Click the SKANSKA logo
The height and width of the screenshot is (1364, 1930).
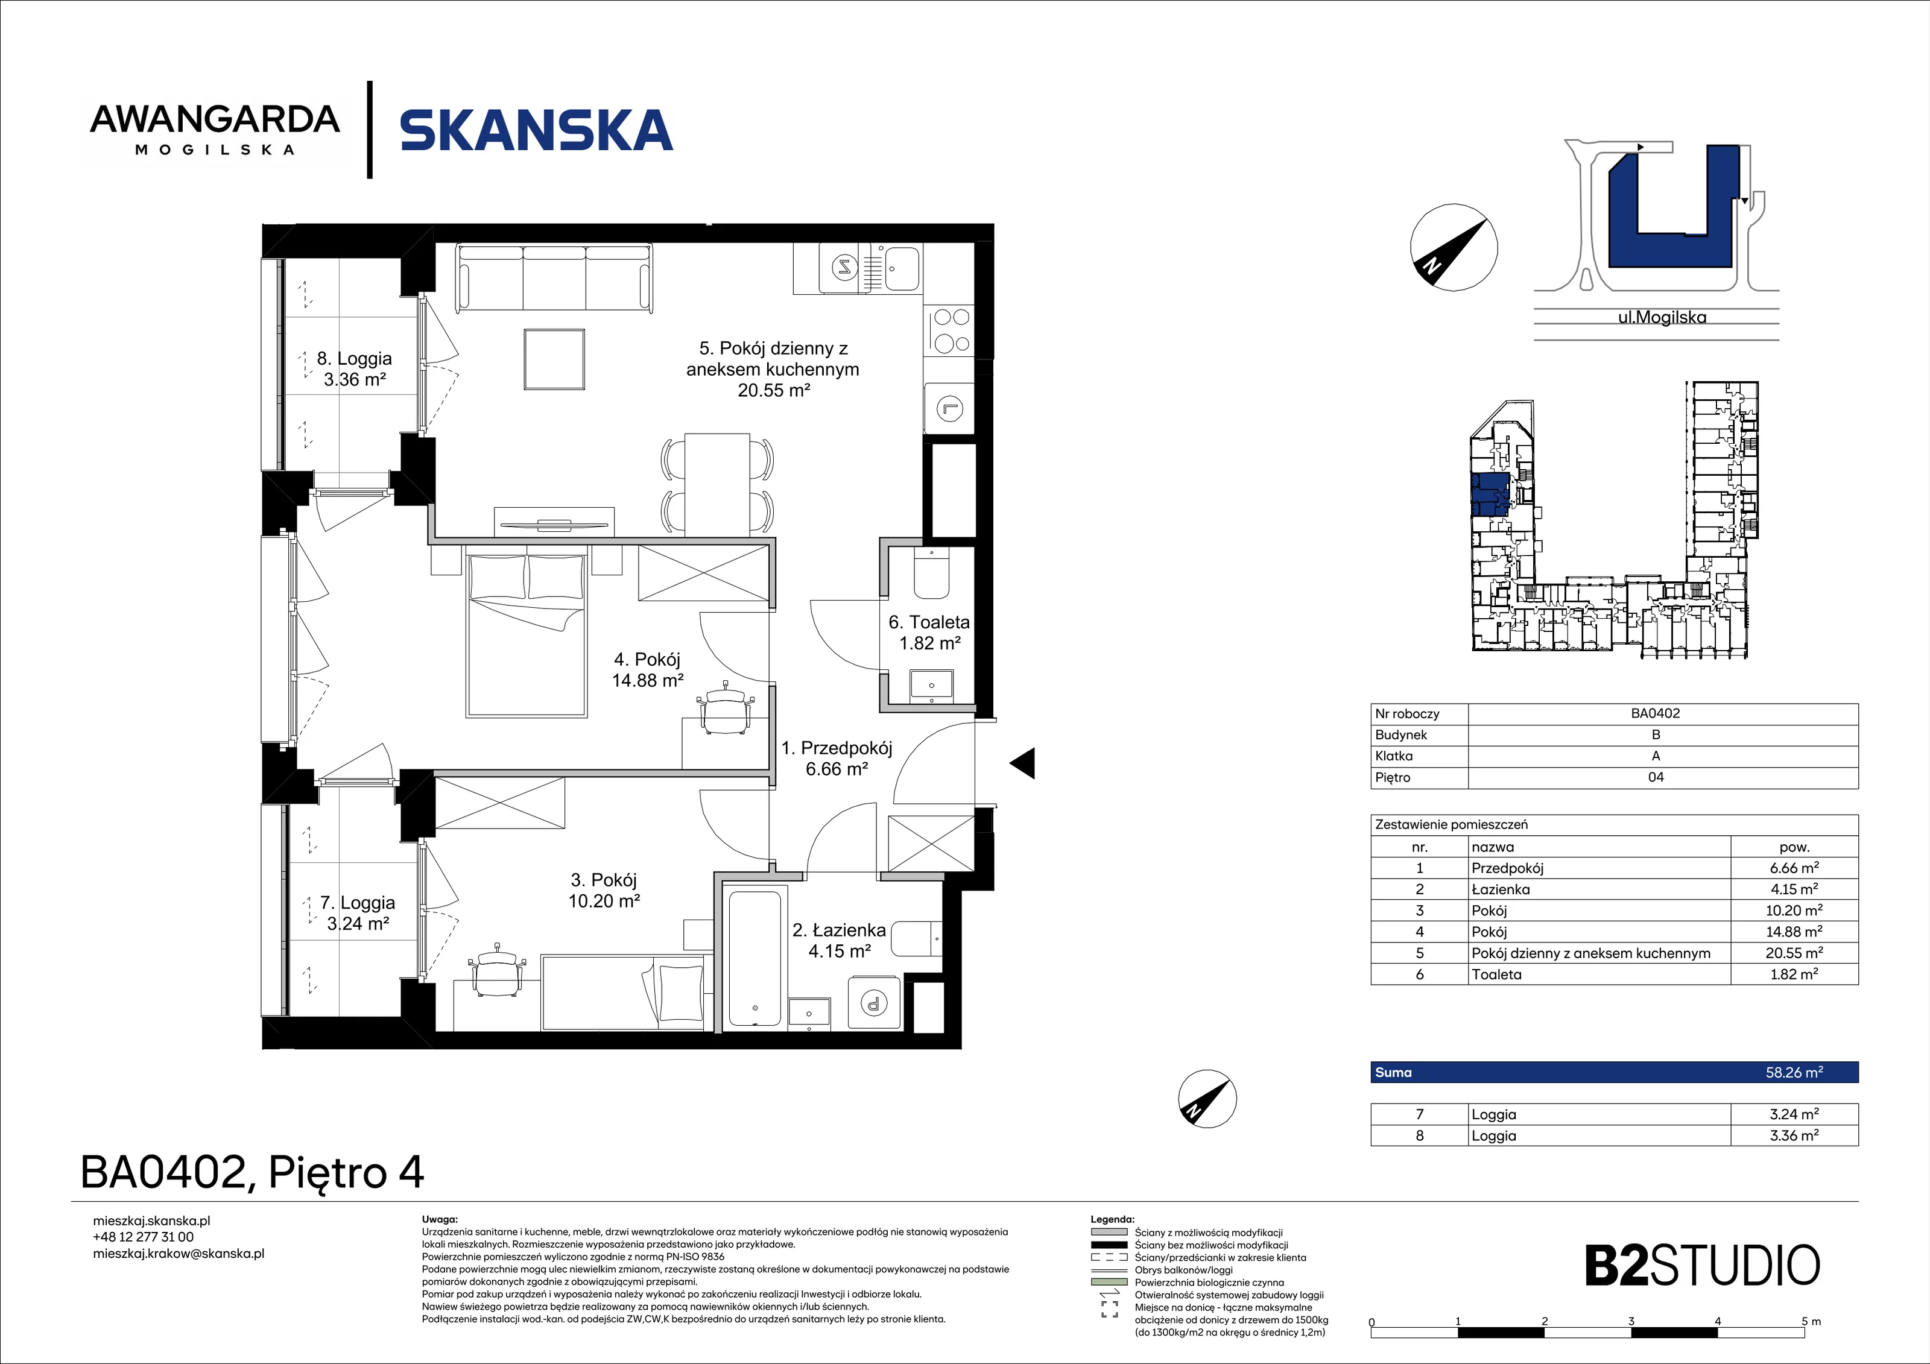tap(536, 130)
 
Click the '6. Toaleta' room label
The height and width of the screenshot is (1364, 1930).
tap(929, 633)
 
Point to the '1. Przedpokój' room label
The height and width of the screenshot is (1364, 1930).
tap(837, 758)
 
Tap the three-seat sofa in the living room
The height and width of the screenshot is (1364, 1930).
tap(554, 278)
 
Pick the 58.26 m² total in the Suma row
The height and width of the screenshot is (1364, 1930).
tap(1794, 1072)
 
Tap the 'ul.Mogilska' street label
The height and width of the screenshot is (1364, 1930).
tap(1662, 318)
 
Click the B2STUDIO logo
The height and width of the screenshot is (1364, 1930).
tap(1702, 1266)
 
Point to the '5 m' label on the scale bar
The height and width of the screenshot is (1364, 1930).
tap(1811, 1321)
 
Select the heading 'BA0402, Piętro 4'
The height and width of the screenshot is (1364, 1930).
tap(252, 1172)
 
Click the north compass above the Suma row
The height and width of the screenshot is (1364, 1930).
tap(1207, 1099)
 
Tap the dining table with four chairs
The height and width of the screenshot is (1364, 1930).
tap(717, 483)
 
